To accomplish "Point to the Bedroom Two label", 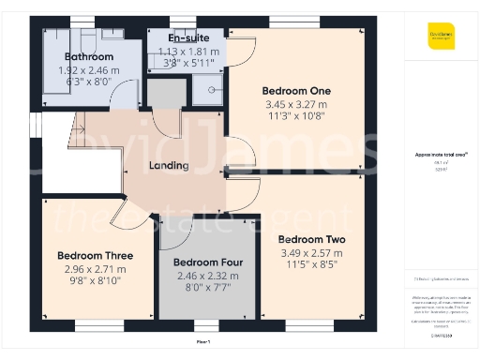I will tap(312, 239).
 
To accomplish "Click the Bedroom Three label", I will tap(95, 255).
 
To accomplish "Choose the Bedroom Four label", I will tap(208, 262).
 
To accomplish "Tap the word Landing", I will tap(169, 166).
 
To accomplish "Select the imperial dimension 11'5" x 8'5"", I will tap(312, 265).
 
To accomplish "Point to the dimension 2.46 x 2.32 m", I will tap(208, 276).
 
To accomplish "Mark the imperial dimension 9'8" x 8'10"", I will tap(95, 280).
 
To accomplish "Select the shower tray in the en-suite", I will tap(204, 91).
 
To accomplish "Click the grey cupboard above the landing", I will tap(167, 94).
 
